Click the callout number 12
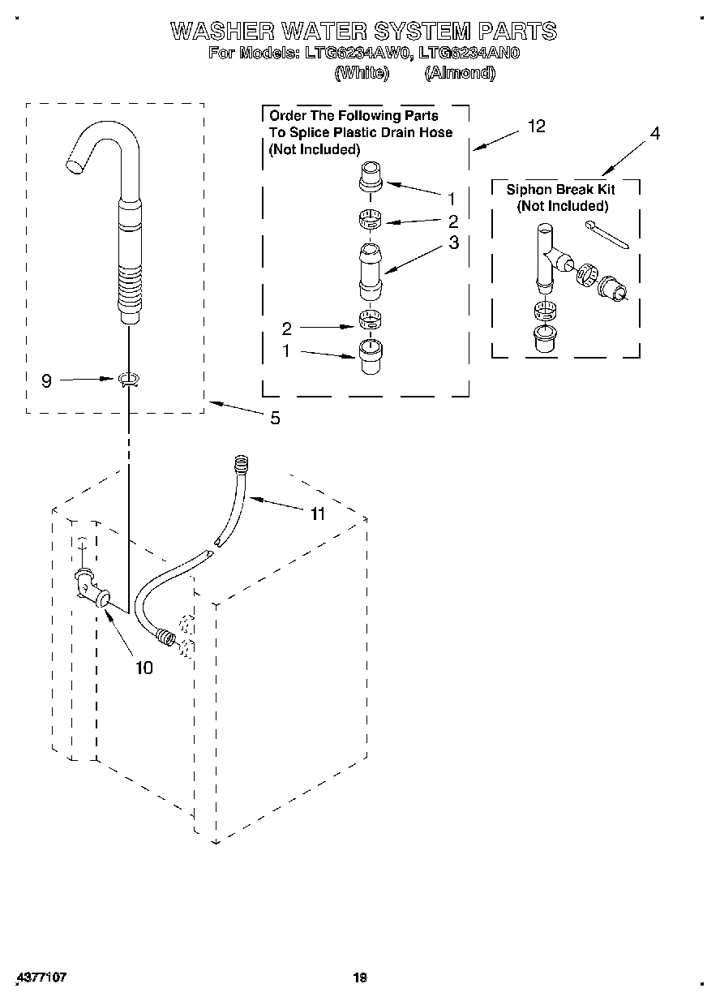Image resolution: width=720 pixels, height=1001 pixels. pyautogui.click(x=536, y=126)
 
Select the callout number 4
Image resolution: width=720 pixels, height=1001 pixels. pyautogui.click(x=654, y=134)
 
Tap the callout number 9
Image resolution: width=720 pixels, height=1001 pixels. pyautogui.click(x=46, y=380)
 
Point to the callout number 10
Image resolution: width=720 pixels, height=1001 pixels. pyautogui.click(x=144, y=668)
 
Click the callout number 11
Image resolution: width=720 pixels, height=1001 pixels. pyautogui.click(x=317, y=513)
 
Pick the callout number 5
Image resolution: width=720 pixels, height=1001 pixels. pyautogui.click(x=275, y=419)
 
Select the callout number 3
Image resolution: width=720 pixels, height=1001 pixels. pyautogui.click(x=453, y=243)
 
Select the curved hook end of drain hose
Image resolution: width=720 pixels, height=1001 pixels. pyautogui.click(x=97, y=146)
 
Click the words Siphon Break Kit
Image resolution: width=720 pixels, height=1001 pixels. pyautogui.click(x=560, y=189)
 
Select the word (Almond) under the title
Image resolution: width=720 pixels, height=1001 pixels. pyautogui.click(x=460, y=73)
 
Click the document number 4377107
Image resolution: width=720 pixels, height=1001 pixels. pyautogui.click(x=40, y=977)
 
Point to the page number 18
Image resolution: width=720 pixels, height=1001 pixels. pyautogui.click(x=360, y=977)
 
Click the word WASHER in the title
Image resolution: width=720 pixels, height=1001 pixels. pyautogui.click(x=220, y=32)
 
